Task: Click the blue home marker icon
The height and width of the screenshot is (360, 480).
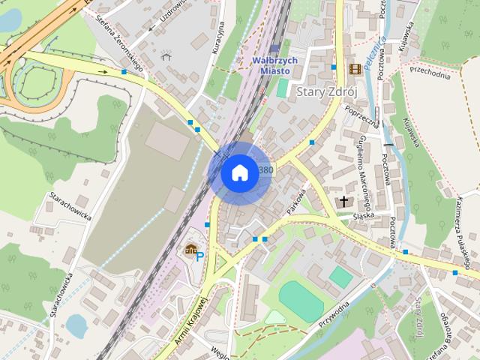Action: click(238, 172)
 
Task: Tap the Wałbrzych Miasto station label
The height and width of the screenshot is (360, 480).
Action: click(274, 64)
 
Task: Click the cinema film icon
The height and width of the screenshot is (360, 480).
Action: click(354, 69)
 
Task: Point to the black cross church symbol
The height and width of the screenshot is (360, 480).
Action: click(344, 201)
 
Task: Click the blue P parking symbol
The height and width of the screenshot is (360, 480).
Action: click(199, 256)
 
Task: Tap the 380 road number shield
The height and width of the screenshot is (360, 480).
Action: click(266, 170)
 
